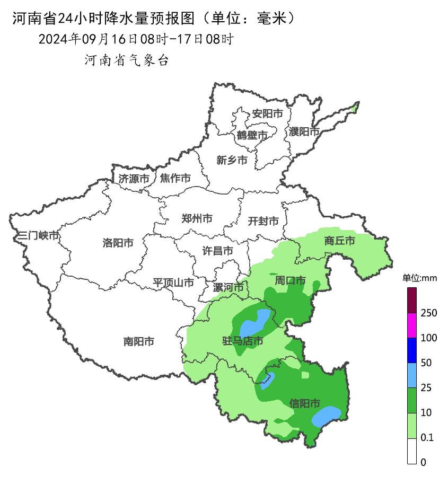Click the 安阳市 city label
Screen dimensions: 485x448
[267, 113]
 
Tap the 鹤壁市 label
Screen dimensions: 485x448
[252, 136]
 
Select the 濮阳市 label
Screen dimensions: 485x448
[304, 131]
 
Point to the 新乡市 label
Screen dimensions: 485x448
[232, 160]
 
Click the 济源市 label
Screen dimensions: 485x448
[134, 179]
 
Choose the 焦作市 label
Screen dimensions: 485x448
[175, 179]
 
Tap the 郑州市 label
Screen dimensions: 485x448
[197, 218]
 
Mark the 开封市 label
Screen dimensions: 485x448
[263, 221]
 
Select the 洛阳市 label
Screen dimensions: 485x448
[118, 243]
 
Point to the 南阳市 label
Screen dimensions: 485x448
[139, 342]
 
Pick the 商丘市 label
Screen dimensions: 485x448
[339, 241]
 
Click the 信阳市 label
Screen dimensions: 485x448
[305, 404]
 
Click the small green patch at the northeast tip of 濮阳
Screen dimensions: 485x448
[355, 108]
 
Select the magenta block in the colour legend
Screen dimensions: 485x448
[412, 325]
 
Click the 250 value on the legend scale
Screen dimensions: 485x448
[428, 313]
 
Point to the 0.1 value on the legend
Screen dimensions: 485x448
[427, 438]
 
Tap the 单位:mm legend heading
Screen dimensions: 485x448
[419, 278]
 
